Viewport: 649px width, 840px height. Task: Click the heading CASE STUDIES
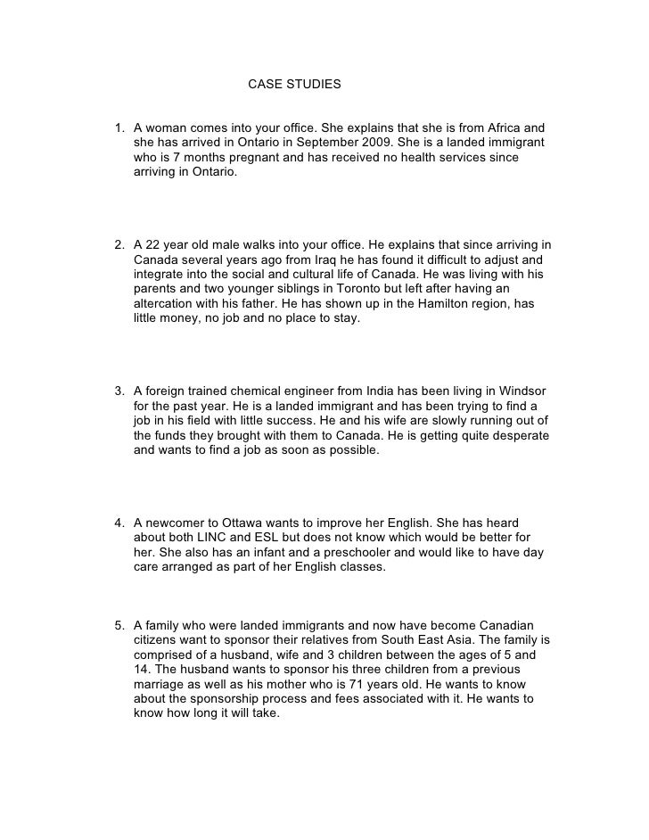pos(293,86)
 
